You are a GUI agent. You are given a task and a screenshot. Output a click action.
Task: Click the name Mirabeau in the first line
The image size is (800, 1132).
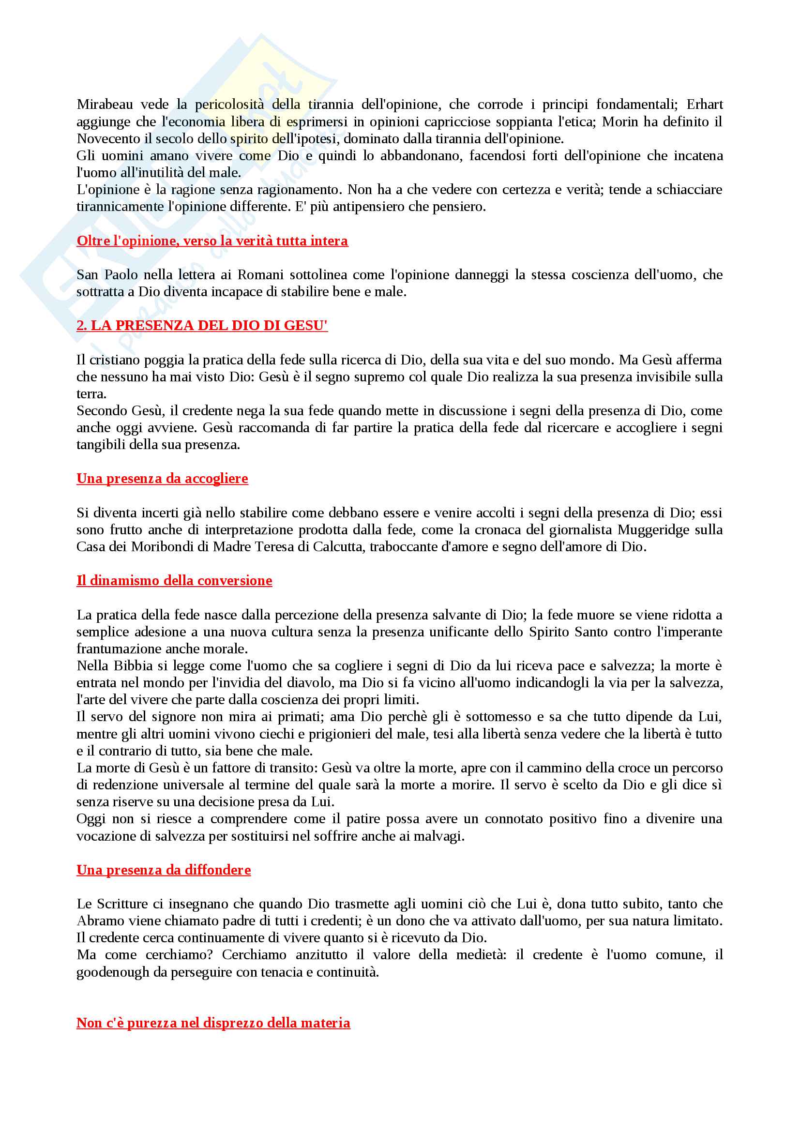pyautogui.click(x=105, y=105)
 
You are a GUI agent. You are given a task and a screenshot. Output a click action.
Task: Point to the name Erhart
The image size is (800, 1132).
pyautogui.click(x=704, y=105)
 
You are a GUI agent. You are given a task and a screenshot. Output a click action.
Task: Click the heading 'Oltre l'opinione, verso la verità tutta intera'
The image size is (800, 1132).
pyautogui.click(x=212, y=241)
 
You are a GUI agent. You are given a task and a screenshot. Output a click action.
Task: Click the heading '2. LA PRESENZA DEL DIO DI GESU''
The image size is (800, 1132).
pyautogui.click(x=202, y=325)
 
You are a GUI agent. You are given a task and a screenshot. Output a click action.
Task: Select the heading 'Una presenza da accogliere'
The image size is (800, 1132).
pyautogui.click(x=162, y=479)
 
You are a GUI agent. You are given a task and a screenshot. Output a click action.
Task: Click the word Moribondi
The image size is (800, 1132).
pyautogui.click(x=162, y=547)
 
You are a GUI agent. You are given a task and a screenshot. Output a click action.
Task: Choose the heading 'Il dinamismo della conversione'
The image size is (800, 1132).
pyautogui.click(x=174, y=581)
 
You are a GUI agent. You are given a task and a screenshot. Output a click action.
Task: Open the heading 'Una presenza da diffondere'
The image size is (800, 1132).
pyautogui.click(x=163, y=870)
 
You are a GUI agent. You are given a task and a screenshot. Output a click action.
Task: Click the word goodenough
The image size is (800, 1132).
pyautogui.click(x=112, y=972)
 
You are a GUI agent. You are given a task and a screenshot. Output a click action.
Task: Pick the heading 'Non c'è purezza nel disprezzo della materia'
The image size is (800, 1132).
pyautogui.click(x=213, y=1023)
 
